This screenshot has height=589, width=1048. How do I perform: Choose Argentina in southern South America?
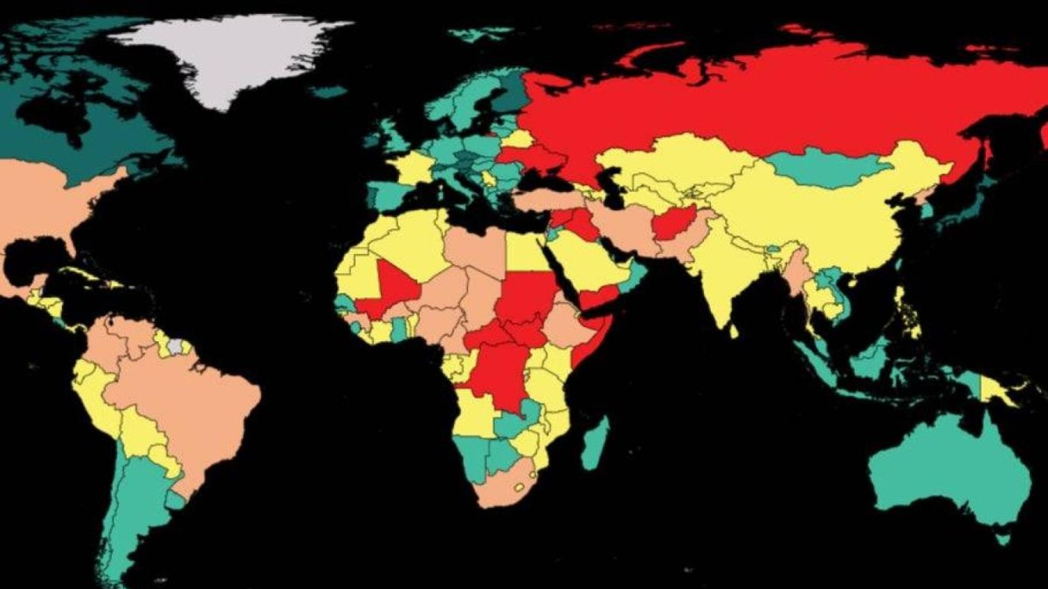pos(135,515)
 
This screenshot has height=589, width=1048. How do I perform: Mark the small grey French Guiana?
pos(178,346)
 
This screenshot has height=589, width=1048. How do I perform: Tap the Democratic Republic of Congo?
pos(498,375)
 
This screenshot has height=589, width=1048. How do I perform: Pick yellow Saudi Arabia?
pos(581,262)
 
